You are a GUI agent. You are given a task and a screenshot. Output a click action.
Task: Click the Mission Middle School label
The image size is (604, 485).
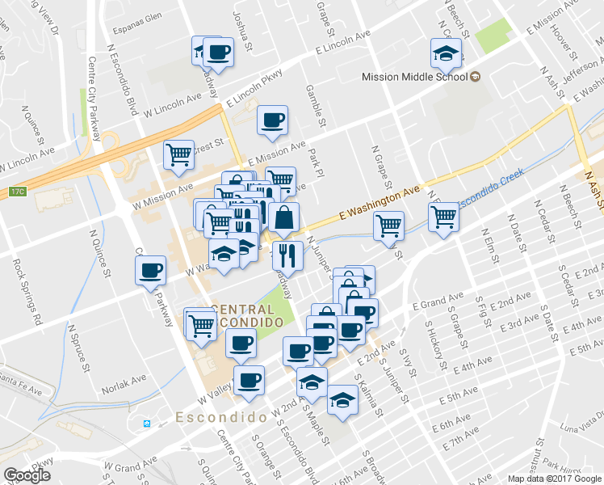click(x=413, y=78)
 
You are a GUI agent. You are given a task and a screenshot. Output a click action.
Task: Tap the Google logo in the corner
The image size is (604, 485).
click(x=27, y=474)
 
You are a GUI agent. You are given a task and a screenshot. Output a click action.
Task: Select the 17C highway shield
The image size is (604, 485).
click(x=18, y=192)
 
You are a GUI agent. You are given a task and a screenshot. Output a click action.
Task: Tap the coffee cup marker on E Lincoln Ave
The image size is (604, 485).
click(x=216, y=53)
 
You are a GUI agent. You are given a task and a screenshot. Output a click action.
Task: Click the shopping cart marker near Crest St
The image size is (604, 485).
click(x=178, y=153)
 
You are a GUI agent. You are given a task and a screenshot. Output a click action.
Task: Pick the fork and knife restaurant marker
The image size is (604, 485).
click(x=287, y=255)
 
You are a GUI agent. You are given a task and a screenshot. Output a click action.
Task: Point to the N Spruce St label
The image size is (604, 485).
click(x=79, y=348)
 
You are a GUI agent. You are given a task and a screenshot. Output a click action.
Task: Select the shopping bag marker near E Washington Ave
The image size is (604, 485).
click(x=284, y=217)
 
